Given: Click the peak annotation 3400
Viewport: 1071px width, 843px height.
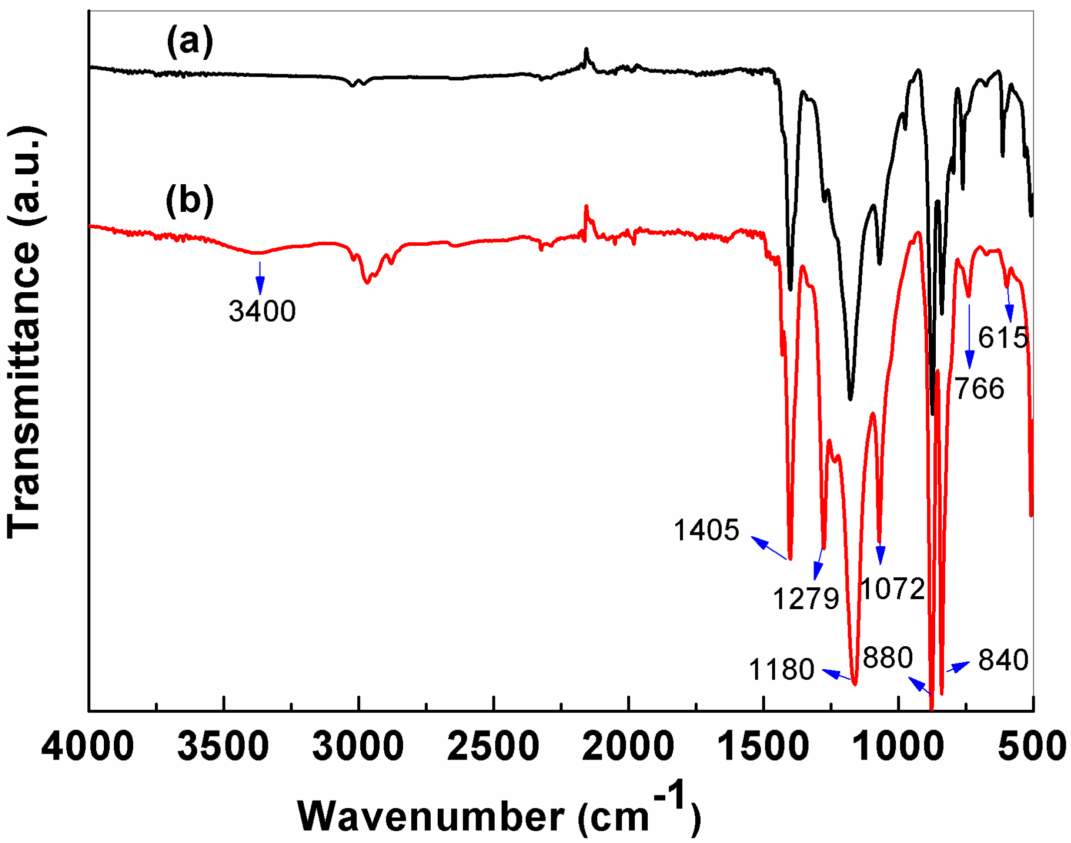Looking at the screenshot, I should (x=262, y=311).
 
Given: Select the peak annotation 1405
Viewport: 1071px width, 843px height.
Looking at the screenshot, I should (x=706, y=530).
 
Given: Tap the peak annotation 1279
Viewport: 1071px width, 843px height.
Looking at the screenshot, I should (x=806, y=598).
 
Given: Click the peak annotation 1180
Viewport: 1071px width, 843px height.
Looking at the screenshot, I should (x=781, y=669).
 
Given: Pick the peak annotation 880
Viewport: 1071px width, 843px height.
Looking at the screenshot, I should (x=887, y=657).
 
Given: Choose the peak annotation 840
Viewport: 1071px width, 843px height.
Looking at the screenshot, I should (x=1003, y=660).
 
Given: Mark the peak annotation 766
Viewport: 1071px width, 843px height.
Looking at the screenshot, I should (x=979, y=389).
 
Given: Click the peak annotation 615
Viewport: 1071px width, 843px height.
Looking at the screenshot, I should (x=1003, y=338).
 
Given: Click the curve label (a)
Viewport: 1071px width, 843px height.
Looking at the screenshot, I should (x=190, y=41).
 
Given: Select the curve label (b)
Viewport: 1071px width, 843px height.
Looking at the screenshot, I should (x=190, y=200).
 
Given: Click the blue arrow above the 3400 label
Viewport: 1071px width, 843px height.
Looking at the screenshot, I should (x=260, y=278).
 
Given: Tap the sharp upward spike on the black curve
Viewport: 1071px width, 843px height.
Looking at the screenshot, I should (x=586, y=51).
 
